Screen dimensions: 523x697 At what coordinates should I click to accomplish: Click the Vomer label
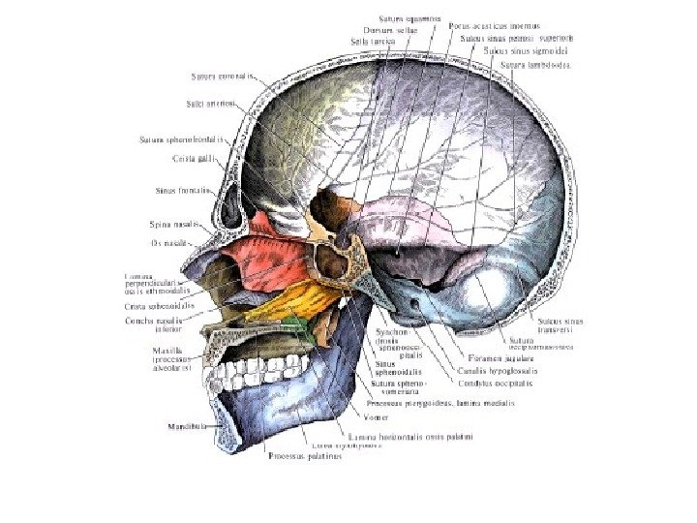[348, 418]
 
